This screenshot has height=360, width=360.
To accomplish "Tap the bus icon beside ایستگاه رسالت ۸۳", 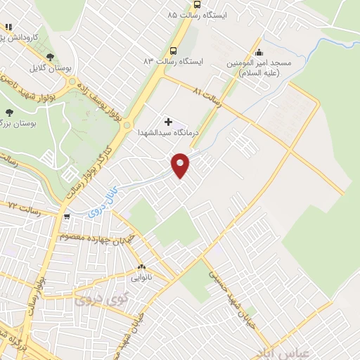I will [x=173, y=51].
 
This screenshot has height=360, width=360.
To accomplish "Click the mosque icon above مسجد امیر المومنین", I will [x=259, y=51].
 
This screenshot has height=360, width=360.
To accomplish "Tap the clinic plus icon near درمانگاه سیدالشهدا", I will [x=167, y=122].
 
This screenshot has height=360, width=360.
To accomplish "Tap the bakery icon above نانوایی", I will [x=141, y=267].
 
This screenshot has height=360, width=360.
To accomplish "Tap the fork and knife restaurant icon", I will [x=8, y=27].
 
